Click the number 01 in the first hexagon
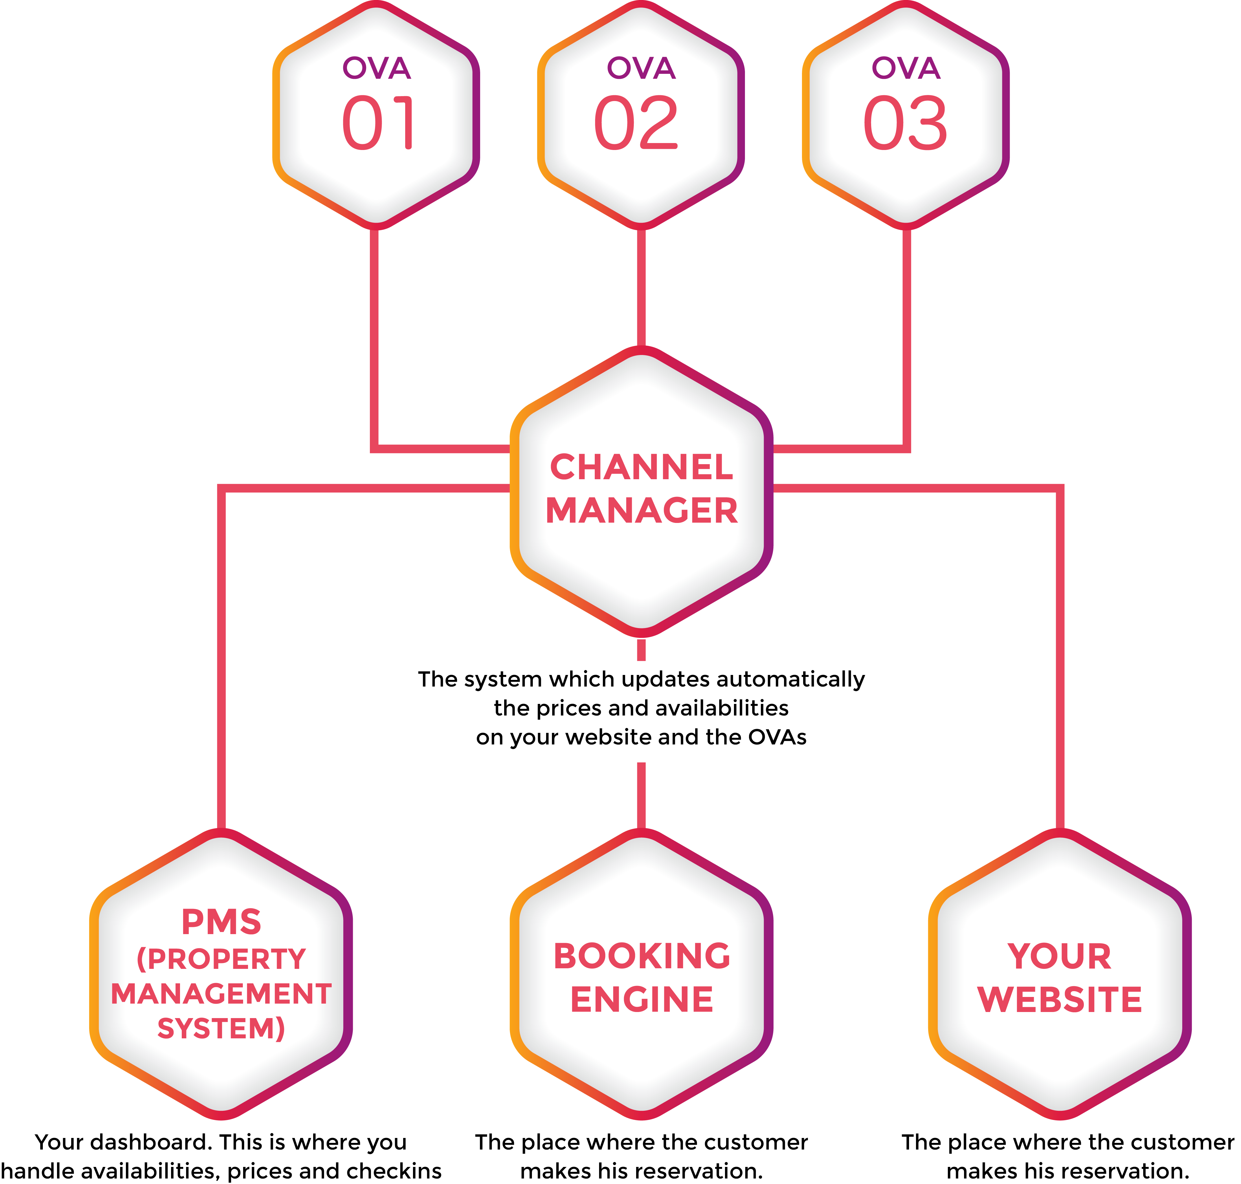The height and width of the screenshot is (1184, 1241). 377,123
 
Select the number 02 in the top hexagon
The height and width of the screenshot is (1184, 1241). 636,123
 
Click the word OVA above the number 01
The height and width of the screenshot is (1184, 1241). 377,68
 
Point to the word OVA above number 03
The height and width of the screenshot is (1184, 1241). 906,68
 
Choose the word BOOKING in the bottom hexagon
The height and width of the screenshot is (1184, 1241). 642,956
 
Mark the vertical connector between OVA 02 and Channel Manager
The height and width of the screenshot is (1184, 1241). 641,287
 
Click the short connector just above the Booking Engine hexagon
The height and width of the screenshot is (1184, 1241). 641,795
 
